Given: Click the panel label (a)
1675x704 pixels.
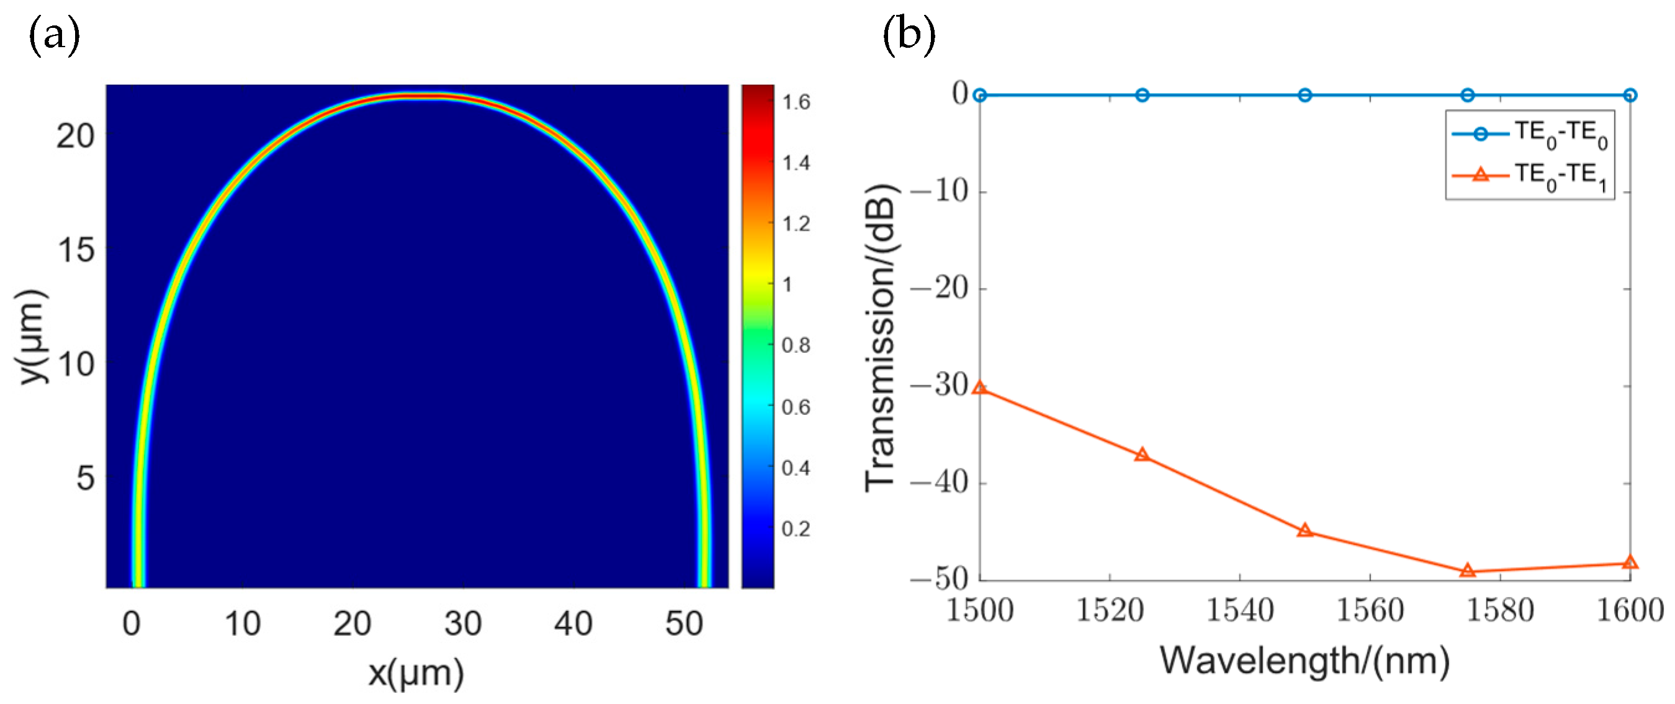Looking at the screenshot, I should point(55,36).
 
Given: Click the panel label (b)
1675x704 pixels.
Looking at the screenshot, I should point(909,36).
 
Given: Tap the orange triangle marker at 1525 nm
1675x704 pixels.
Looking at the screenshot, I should point(1142,455).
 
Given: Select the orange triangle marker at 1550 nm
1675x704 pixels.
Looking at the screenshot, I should point(1305,530).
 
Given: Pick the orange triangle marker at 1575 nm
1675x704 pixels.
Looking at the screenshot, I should point(1467,571).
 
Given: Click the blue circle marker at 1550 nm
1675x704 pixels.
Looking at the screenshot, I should point(1305,96).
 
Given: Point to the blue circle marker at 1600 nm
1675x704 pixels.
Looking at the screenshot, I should point(1630,96).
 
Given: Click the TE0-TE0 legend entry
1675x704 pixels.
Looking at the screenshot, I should point(1529,134).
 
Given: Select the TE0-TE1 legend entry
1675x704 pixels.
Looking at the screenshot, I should point(1529,176).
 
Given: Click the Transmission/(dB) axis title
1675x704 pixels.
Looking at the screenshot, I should point(881,338).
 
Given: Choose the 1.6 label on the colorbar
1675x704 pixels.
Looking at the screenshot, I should point(796,103).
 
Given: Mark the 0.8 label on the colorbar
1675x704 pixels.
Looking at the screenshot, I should point(796,345).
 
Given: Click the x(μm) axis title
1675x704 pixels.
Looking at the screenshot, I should point(416,674).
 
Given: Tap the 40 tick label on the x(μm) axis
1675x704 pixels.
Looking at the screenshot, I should point(573,624).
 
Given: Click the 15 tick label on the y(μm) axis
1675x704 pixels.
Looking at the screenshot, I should point(76,249).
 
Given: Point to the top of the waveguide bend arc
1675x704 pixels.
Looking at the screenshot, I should point(416,97).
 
